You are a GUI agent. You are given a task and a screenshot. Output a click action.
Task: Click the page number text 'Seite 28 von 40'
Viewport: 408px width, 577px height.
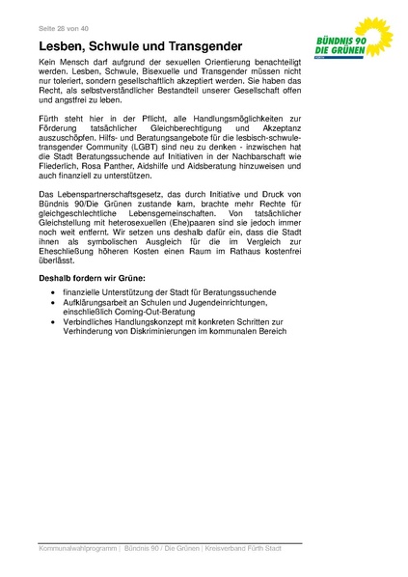click(x=65, y=27)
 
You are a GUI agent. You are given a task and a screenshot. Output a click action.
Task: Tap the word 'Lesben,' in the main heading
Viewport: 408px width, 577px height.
click(x=67, y=46)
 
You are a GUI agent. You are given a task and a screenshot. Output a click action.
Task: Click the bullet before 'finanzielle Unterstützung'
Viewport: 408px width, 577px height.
click(x=55, y=292)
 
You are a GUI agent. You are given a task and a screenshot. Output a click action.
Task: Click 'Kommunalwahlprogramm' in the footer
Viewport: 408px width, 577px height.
click(x=78, y=550)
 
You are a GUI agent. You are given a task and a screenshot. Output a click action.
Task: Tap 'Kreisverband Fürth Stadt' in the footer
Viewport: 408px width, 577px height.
click(x=258, y=550)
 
